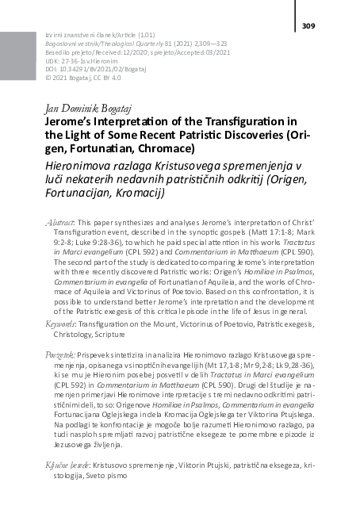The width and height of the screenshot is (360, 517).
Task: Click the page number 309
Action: [309, 27]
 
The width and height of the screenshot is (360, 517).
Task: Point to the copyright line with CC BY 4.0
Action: [76, 79]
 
